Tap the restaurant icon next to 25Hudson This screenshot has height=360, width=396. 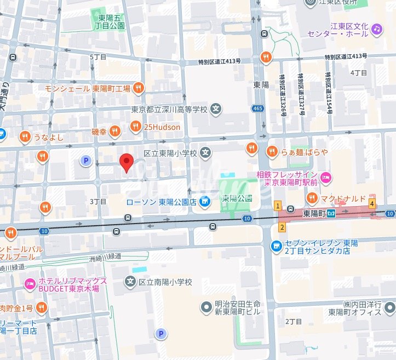(x=136, y=127)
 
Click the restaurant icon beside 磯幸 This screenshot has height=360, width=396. (x=114, y=130)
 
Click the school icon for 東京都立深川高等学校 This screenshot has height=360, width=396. (x=217, y=110)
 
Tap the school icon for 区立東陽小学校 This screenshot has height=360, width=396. (x=206, y=152)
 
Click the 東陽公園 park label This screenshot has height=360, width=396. (x=237, y=198)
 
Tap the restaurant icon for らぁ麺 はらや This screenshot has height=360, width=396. (x=271, y=151)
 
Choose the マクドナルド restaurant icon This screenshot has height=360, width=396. (x=312, y=197)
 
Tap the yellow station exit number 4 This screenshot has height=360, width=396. (x=372, y=204)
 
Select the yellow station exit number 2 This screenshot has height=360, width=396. (x=282, y=227)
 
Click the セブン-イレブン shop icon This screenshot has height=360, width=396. (x=277, y=247)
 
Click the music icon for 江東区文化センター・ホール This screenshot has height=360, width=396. (x=376, y=28)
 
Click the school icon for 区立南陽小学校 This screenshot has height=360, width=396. (x=130, y=282)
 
